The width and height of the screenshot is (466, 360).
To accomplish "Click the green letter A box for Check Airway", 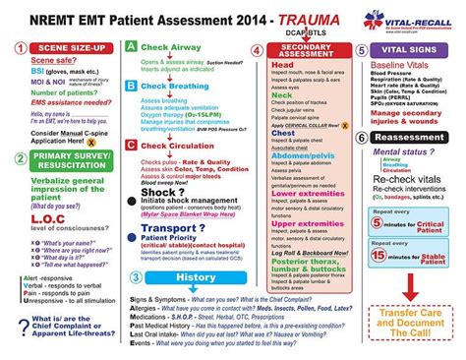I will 132,47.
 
